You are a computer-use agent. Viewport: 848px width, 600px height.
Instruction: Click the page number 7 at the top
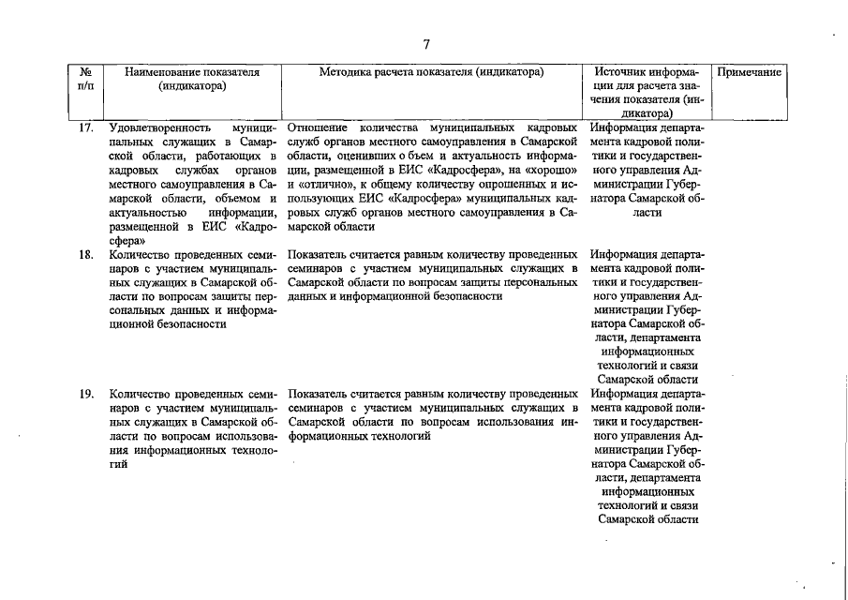pos(426,44)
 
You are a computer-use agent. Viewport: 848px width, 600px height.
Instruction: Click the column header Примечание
pos(750,72)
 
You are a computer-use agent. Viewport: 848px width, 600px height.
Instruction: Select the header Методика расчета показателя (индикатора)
pos(432,72)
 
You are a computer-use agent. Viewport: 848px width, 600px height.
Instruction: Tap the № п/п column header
pos(85,80)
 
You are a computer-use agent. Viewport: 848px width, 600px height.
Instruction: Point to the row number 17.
pos(85,127)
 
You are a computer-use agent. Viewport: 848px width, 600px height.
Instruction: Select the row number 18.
pos(85,254)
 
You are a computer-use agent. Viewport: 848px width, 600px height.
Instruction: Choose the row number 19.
pos(85,395)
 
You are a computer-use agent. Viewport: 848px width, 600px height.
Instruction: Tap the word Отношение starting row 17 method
pos(318,127)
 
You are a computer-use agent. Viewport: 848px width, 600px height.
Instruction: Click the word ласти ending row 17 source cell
pos(647,212)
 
